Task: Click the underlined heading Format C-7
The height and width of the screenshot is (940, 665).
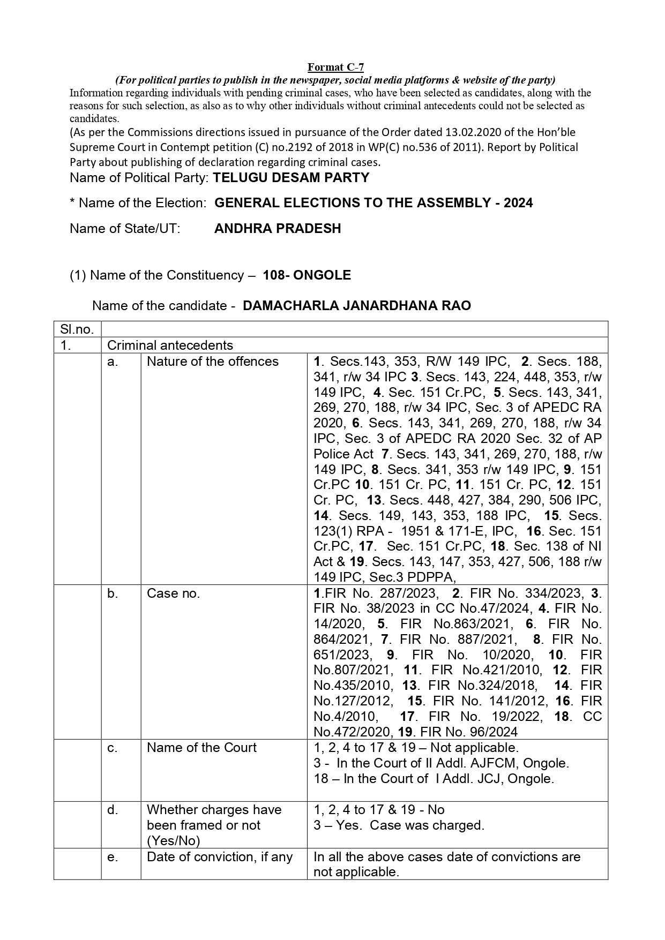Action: [335, 67]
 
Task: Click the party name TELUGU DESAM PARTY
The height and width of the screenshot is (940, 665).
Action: [291, 178]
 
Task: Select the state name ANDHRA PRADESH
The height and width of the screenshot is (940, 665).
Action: [278, 229]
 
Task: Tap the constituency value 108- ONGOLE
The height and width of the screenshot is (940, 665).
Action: [307, 275]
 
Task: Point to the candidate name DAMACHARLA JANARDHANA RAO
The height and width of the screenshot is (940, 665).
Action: [356, 306]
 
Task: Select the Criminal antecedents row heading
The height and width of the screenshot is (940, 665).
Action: [170, 345]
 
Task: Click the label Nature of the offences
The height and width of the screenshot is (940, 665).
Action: [213, 362]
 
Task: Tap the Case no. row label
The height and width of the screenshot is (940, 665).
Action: [173, 593]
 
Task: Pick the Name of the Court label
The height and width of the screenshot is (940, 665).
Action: [201, 748]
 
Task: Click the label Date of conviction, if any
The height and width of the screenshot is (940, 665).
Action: [220, 857]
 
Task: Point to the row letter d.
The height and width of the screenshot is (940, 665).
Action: [113, 810]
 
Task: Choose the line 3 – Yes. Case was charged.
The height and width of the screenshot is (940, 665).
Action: [399, 825]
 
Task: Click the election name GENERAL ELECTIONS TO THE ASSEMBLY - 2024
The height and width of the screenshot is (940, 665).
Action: [373, 203]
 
